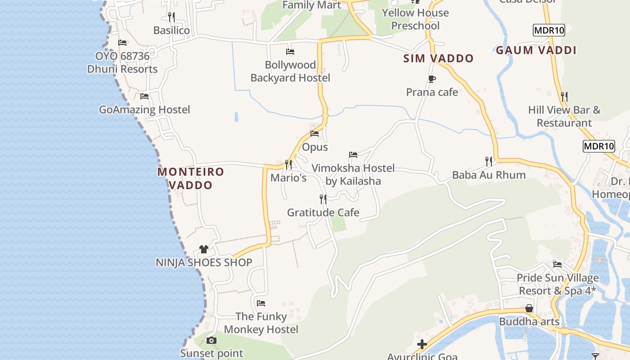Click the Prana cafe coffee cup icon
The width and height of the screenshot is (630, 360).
pyautogui.click(x=432, y=79)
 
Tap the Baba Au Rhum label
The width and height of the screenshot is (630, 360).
pyautogui.click(x=489, y=175)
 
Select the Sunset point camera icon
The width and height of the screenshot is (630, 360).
pyautogui.click(x=211, y=340)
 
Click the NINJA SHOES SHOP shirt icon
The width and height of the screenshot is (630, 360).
pyautogui.click(x=204, y=249)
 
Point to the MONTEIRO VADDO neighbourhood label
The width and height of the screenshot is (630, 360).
pyautogui.click(x=190, y=178)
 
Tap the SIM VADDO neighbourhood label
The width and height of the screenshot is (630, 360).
pyautogui.click(x=438, y=58)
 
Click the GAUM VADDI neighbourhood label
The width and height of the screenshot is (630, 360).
pyautogui.click(x=536, y=50)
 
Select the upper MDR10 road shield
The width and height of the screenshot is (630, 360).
pyautogui.click(x=549, y=31)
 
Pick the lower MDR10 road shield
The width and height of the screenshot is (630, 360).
pyautogui.click(x=598, y=146)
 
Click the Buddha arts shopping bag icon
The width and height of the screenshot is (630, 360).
pyautogui.click(x=529, y=309)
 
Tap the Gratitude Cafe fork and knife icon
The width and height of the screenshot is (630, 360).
pyautogui.click(x=323, y=199)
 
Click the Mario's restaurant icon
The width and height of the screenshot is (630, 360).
pyautogui.click(x=288, y=165)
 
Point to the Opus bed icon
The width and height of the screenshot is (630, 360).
pyautogui.click(x=315, y=134)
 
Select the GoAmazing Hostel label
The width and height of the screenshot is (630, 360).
pyautogui.click(x=144, y=110)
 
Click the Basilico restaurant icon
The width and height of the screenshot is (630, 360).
pyautogui.click(x=171, y=17)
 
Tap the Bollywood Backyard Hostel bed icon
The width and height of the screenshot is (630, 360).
pyautogui.click(x=290, y=52)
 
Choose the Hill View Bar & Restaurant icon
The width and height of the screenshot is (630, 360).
pyautogui.click(x=564, y=97)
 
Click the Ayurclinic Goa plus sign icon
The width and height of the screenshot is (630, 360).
pyautogui.click(x=422, y=345)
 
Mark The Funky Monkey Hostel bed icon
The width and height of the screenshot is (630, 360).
pyautogui.click(x=261, y=303)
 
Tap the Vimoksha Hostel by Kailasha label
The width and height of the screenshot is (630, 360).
pyautogui.click(x=353, y=175)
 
